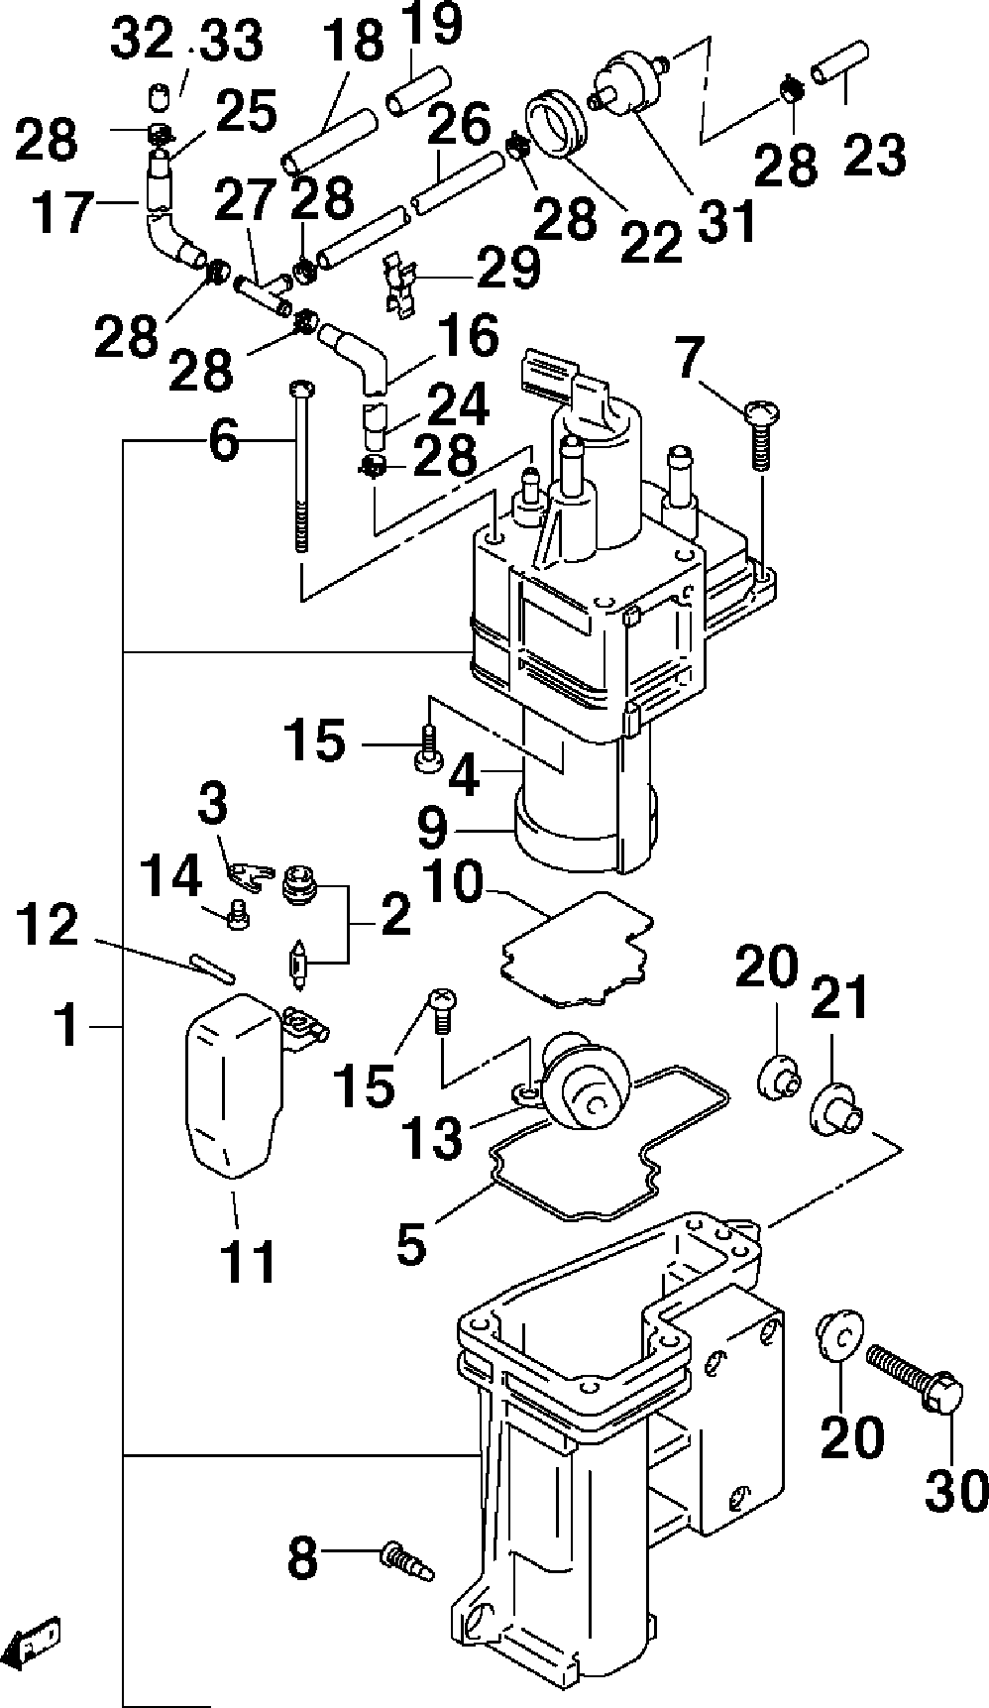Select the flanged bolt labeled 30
click(914, 1371)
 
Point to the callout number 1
click(67, 1026)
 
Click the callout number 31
click(724, 221)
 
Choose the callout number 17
click(62, 212)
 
